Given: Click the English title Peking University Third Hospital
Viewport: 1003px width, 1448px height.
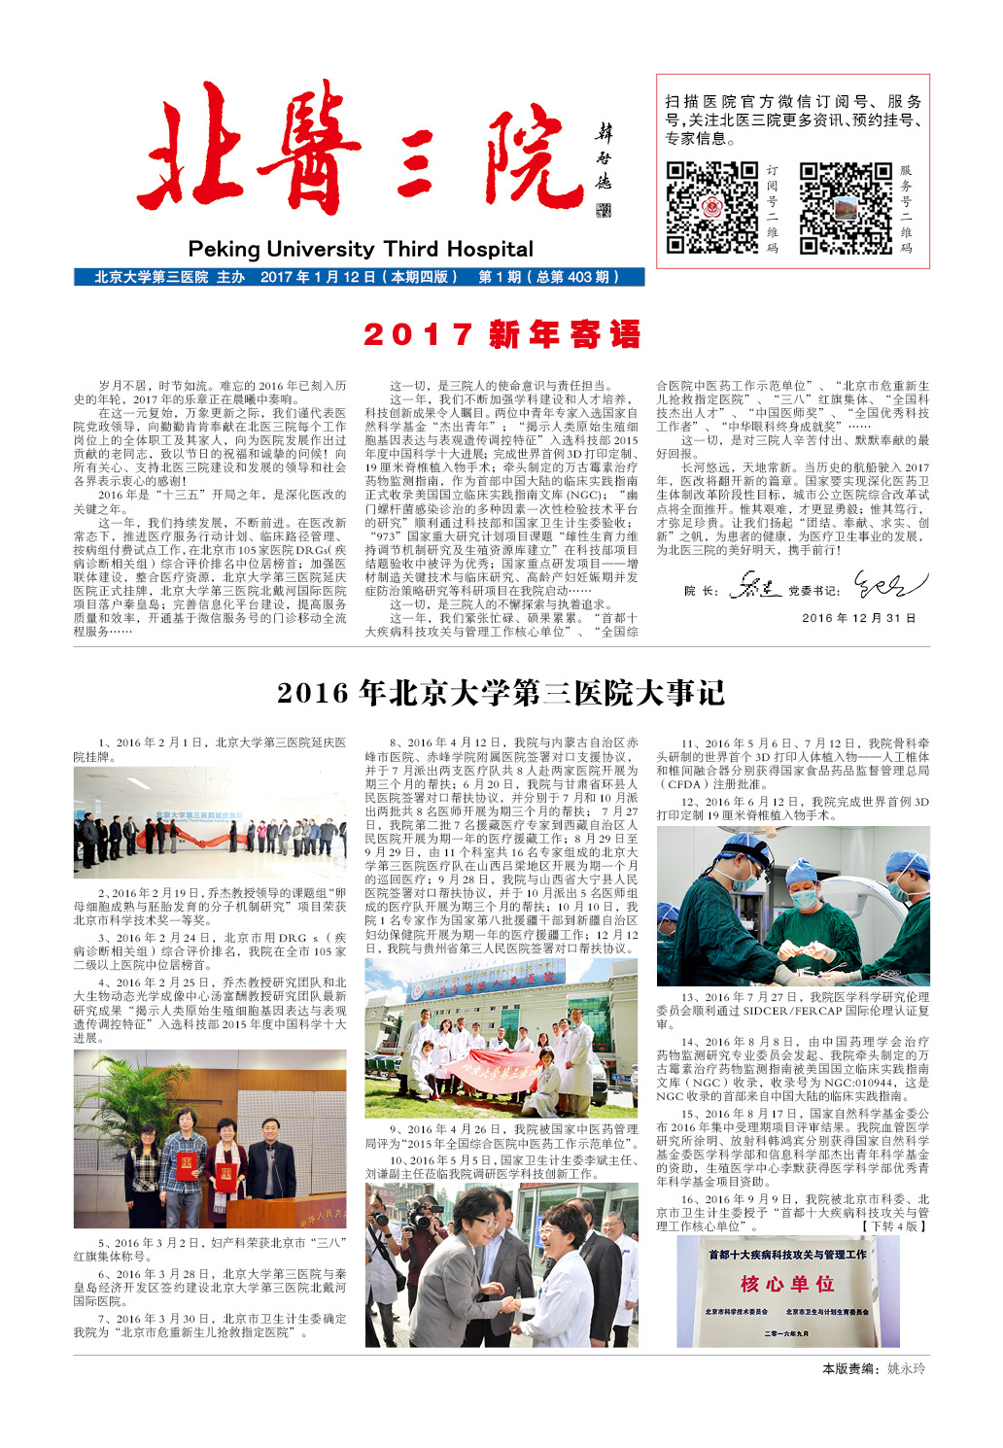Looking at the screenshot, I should coord(361,249).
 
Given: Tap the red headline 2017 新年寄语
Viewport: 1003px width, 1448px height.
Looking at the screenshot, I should coord(501,334).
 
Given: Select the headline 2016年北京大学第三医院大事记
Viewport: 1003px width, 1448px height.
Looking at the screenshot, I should coord(501,693).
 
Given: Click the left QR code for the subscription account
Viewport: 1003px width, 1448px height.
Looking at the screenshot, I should coord(711,207).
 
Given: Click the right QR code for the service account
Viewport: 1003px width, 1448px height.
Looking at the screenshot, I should coord(845,208).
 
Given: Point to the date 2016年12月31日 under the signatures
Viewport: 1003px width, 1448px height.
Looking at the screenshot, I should coord(858,617).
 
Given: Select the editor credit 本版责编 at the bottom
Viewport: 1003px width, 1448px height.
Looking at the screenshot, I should coord(873,1368).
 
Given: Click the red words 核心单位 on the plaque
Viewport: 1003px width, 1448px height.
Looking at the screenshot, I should coord(787,1284).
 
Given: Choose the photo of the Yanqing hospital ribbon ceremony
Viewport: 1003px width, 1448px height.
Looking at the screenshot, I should coord(209,822).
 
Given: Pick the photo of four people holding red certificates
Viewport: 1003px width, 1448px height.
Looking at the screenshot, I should coord(209,1138).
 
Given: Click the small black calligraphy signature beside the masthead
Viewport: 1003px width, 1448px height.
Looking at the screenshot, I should coord(604,170).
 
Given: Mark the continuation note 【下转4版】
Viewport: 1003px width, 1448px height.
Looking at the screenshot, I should coord(893,1226).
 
